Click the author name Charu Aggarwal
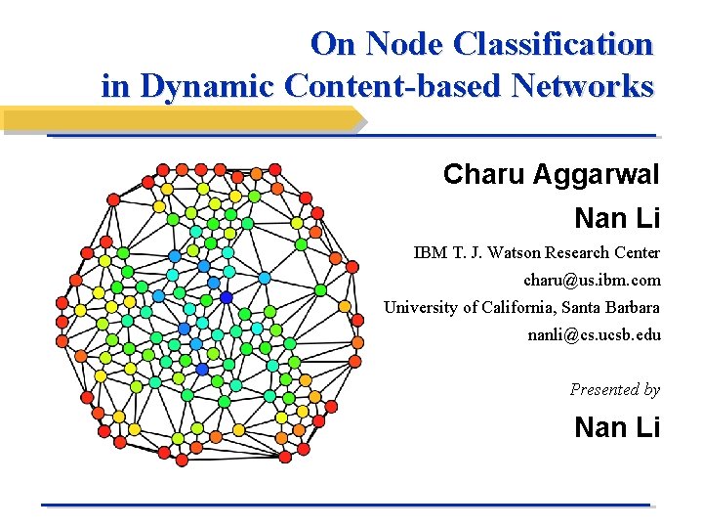(552, 175)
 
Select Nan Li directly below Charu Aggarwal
(617, 217)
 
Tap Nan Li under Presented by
(617, 427)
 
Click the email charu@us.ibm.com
(592, 280)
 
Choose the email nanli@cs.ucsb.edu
(594, 334)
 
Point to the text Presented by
(615, 389)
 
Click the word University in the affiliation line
(419, 307)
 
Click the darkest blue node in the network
(227, 297)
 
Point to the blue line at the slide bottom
(347, 505)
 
